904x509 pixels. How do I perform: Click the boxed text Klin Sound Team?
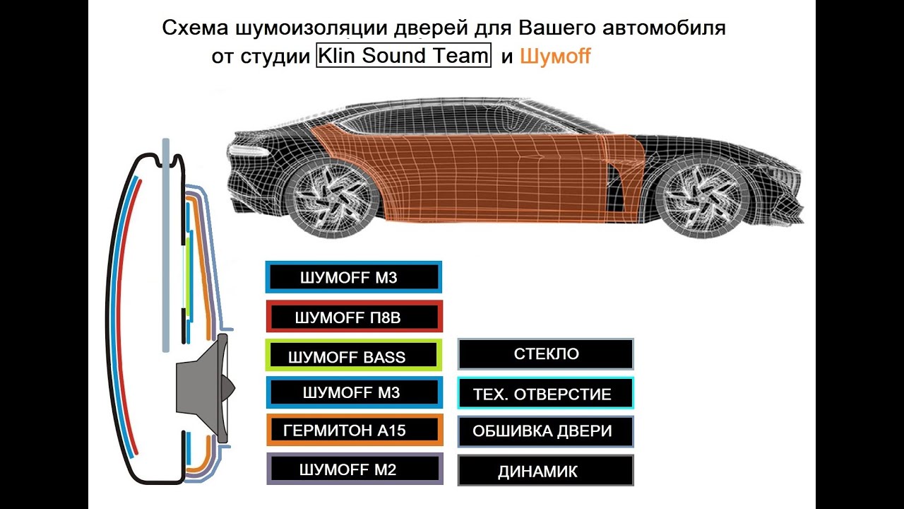pyautogui.click(x=403, y=56)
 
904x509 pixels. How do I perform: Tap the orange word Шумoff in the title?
pyautogui.click(x=555, y=57)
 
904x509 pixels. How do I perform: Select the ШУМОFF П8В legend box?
pyautogui.click(x=354, y=317)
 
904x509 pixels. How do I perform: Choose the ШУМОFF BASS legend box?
pyautogui.click(x=354, y=356)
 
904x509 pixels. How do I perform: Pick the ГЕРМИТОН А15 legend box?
pyautogui.click(x=354, y=430)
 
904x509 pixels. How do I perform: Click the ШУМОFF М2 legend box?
pyautogui.click(x=355, y=469)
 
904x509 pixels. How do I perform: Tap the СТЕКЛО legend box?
pyautogui.click(x=545, y=354)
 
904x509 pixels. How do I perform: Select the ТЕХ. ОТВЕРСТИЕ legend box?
pyautogui.click(x=545, y=393)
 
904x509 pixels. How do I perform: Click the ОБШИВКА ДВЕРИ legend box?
pyautogui.click(x=545, y=431)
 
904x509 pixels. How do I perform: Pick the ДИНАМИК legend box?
pyautogui.click(x=545, y=471)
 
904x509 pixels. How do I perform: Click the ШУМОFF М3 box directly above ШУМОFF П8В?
pyautogui.click(x=354, y=277)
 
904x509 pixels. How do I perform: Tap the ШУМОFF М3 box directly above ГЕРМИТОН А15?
pyautogui.click(x=354, y=392)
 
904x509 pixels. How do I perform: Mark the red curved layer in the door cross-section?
pyautogui.click(x=120, y=311)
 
